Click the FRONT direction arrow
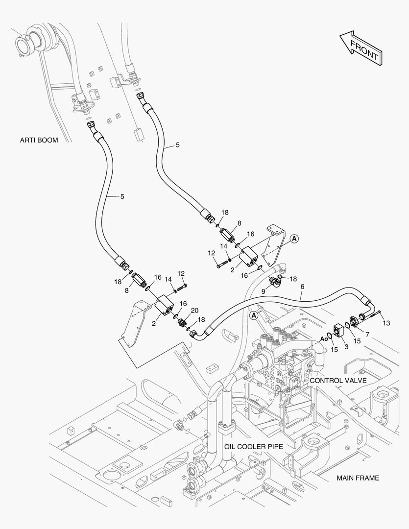coord(361,48)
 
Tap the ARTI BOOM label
coord(39,140)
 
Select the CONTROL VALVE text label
coord(338,381)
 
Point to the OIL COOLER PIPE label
coord(254,447)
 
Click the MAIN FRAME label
coord(358,478)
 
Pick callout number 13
coord(386,323)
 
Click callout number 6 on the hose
coord(302,287)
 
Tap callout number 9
coord(263,291)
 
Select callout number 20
coord(195,311)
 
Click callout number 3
coord(346,347)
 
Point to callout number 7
coord(367,335)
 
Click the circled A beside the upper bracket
coord(294,239)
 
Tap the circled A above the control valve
coord(254,315)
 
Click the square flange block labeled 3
coord(338,330)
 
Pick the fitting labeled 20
coord(183,323)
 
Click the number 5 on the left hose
coord(122,196)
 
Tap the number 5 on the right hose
coord(177,145)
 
